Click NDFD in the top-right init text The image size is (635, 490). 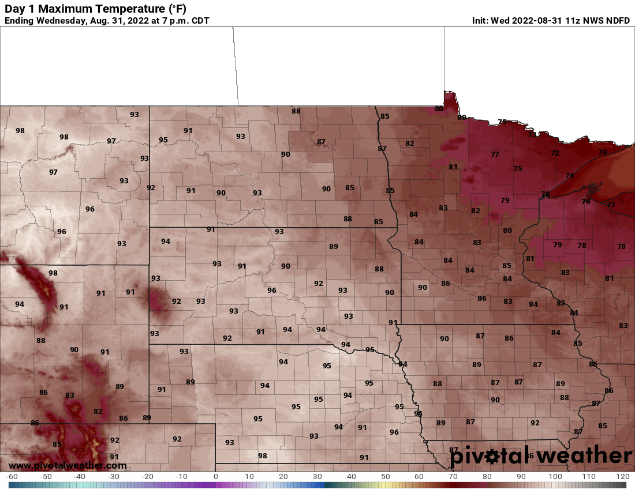(618, 21)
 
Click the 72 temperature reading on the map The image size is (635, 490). (555, 153)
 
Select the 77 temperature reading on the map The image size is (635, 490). (495, 154)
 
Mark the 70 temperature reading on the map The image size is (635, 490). (603, 152)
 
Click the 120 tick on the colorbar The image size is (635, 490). (622, 477)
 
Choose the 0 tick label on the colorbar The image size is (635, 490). (216, 477)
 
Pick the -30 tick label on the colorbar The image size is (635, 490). (113, 477)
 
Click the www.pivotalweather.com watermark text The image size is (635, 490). (68, 465)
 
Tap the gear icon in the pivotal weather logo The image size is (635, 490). (492, 457)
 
